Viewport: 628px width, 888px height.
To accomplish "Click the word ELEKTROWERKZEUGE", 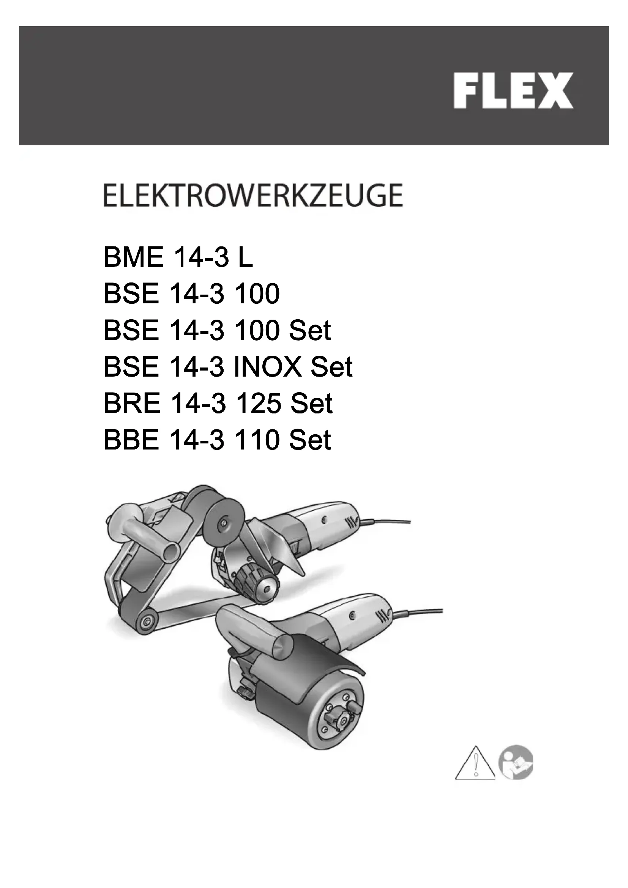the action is (x=253, y=196).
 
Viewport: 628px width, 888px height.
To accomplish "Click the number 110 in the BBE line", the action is (x=257, y=440).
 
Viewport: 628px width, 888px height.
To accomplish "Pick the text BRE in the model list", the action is (x=132, y=404).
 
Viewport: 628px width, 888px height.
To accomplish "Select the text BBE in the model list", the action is (x=131, y=440).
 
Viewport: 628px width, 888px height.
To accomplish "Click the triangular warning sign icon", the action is (x=475, y=762).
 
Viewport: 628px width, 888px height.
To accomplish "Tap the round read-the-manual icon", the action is (x=516, y=762).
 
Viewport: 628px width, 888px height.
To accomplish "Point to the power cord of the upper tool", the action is (x=387, y=522).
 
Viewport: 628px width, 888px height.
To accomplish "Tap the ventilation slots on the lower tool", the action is (x=383, y=614).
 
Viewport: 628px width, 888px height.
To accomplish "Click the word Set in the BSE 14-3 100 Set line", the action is (x=310, y=331).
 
